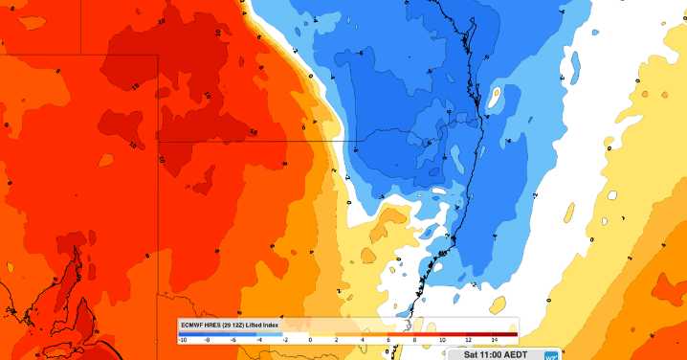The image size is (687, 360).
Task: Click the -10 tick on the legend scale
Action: (x=182, y=340)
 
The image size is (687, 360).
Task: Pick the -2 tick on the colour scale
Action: (x=285, y=340)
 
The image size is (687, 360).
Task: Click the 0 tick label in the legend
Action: (x=310, y=340)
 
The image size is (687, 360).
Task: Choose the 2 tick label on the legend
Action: (x=336, y=340)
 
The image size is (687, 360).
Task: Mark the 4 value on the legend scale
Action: (x=362, y=340)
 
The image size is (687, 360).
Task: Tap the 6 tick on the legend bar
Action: (x=388, y=340)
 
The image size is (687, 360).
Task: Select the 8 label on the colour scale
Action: (x=414, y=340)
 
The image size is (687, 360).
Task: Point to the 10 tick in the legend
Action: (x=441, y=340)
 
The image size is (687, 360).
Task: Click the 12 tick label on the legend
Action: (x=467, y=340)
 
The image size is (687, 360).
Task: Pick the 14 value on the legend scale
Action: (x=493, y=340)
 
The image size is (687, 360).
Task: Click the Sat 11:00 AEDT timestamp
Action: (x=496, y=354)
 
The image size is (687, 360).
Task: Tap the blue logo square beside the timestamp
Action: (x=551, y=353)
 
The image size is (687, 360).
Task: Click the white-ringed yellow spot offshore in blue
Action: (x=496, y=97)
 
